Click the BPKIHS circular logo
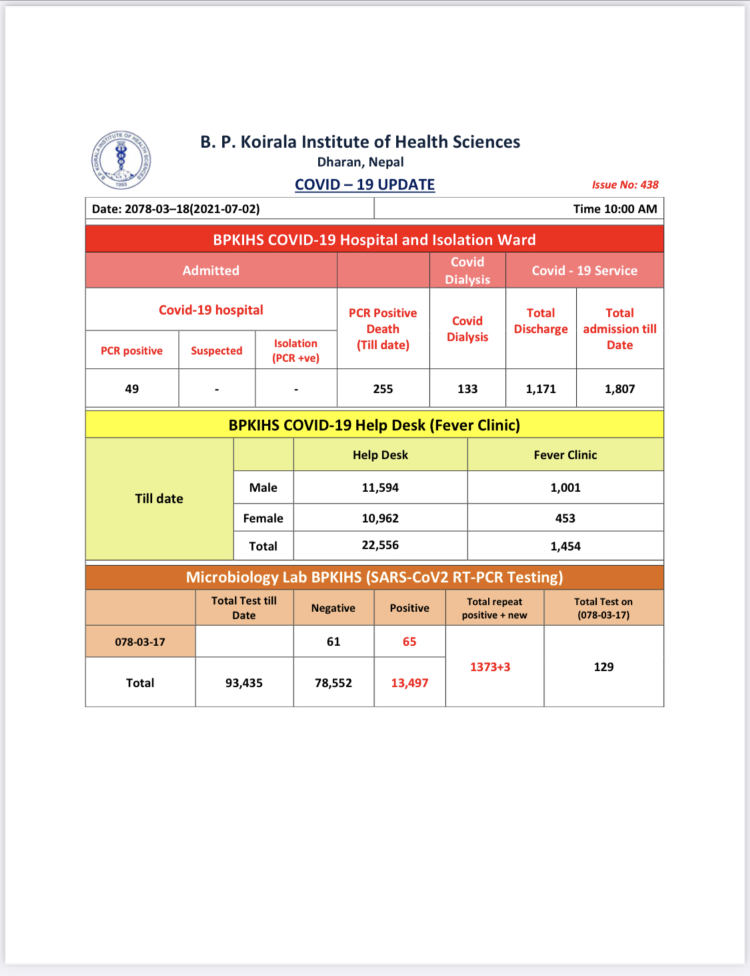point(121,160)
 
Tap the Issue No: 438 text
point(625,185)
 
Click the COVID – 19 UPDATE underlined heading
point(365,185)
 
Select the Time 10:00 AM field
point(615,209)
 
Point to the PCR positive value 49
point(132,389)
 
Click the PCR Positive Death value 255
point(383,389)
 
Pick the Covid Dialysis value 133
point(467,389)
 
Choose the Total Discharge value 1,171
point(541,389)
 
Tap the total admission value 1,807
point(619,389)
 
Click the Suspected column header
point(217,351)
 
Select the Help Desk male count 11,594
point(380,487)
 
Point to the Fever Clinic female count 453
point(565,518)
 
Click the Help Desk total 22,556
point(380,545)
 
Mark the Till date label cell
point(159,499)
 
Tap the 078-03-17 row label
point(140,642)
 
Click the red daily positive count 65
point(409,642)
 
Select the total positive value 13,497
point(409,683)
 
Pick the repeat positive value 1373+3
point(490,667)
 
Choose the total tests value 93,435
point(244,683)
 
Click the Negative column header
point(333,608)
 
